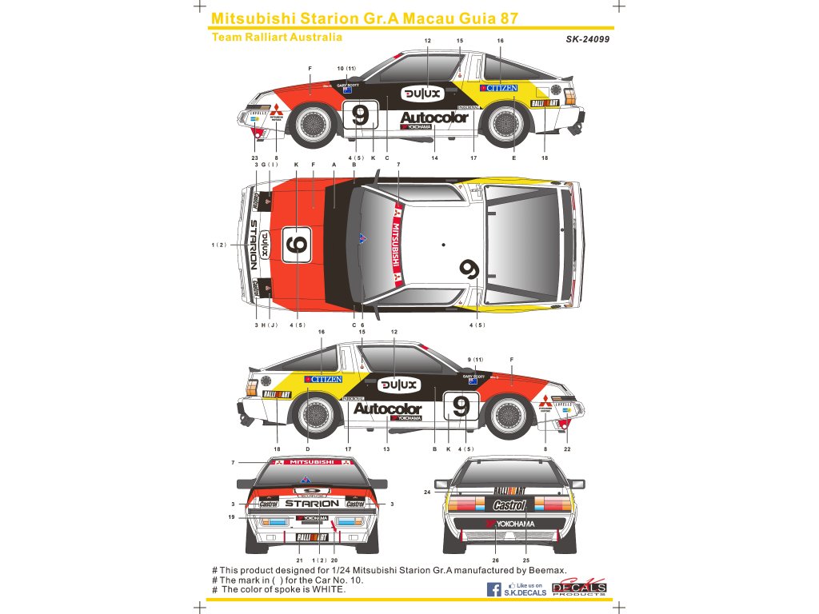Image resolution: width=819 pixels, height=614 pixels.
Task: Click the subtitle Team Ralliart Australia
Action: (x=277, y=37)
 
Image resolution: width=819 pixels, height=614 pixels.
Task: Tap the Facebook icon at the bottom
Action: (x=495, y=590)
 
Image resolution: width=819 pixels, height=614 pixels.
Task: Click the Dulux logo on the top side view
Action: (x=421, y=94)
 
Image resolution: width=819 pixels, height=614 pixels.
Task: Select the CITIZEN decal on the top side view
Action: (x=498, y=88)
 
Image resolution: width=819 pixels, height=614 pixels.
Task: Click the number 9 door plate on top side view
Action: (x=360, y=116)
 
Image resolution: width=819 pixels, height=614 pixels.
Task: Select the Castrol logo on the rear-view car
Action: (x=509, y=505)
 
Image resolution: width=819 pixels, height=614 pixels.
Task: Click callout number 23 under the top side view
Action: (x=254, y=158)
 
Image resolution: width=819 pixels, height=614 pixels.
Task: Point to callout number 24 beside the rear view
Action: (x=428, y=492)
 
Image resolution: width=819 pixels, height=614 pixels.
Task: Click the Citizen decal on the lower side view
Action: (x=323, y=379)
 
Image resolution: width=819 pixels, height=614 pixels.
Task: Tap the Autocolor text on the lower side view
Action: (x=387, y=409)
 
